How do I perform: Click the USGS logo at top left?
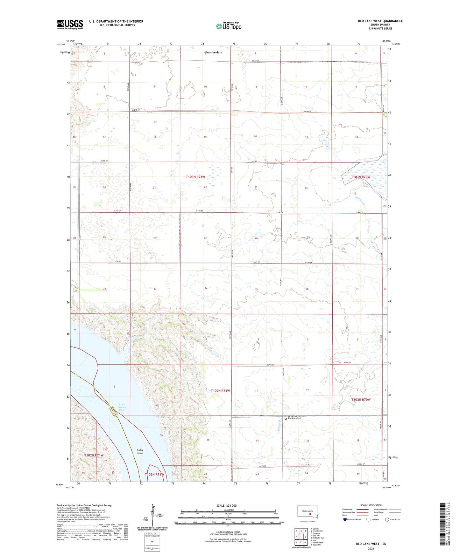point(70,24)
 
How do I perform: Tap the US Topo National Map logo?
point(229,26)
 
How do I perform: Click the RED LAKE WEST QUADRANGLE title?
point(380,21)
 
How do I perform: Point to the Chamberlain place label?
point(213,52)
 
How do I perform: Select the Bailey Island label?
point(140,452)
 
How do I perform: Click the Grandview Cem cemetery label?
point(294,418)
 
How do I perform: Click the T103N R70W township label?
point(361,177)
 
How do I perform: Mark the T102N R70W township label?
point(361,400)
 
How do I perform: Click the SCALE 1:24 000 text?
point(226,506)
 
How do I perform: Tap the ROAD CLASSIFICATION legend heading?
point(371,505)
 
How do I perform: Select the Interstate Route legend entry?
point(352,520)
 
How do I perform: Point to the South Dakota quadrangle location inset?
point(307,512)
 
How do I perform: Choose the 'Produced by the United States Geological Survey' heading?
point(84,505)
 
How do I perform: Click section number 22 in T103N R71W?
point(205,187)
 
